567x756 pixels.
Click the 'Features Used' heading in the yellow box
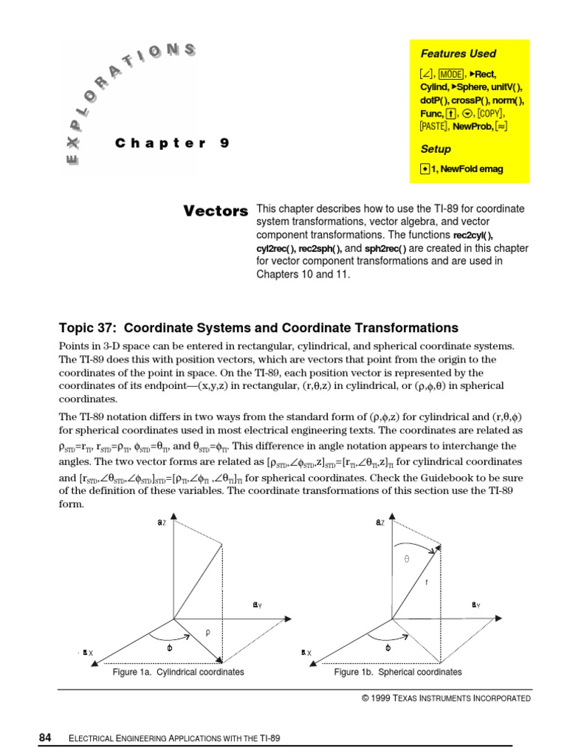(x=458, y=54)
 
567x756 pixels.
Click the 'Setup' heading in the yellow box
(x=436, y=148)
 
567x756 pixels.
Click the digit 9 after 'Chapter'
(x=224, y=144)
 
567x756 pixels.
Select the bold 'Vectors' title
(x=215, y=211)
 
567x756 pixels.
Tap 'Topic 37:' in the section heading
(x=88, y=328)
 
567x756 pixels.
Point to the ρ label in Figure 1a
(x=207, y=632)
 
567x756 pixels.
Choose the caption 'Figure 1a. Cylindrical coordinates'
(x=178, y=673)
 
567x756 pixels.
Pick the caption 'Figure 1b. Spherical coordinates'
(x=398, y=673)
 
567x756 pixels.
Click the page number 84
(x=44, y=738)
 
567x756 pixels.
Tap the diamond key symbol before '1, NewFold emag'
(x=425, y=169)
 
